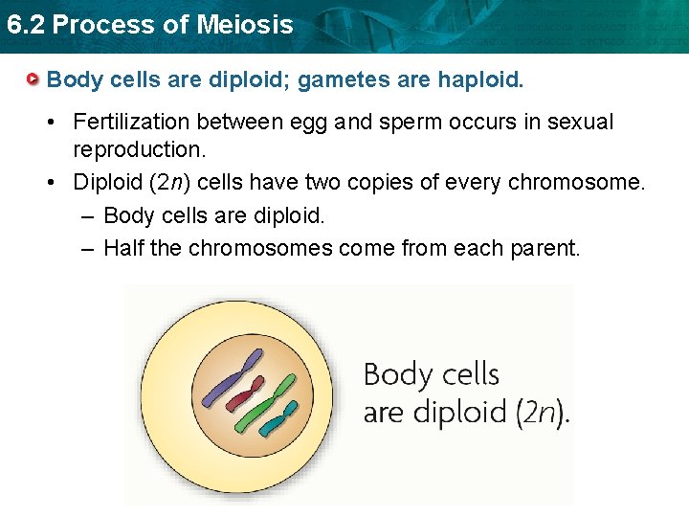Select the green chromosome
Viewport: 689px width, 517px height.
point(270,400)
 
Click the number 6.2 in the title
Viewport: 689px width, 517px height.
point(25,25)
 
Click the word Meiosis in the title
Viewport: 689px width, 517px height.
point(247,25)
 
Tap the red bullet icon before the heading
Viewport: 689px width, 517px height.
point(33,79)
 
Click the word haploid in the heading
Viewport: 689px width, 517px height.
point(478,79)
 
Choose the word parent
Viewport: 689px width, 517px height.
point(544,249)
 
